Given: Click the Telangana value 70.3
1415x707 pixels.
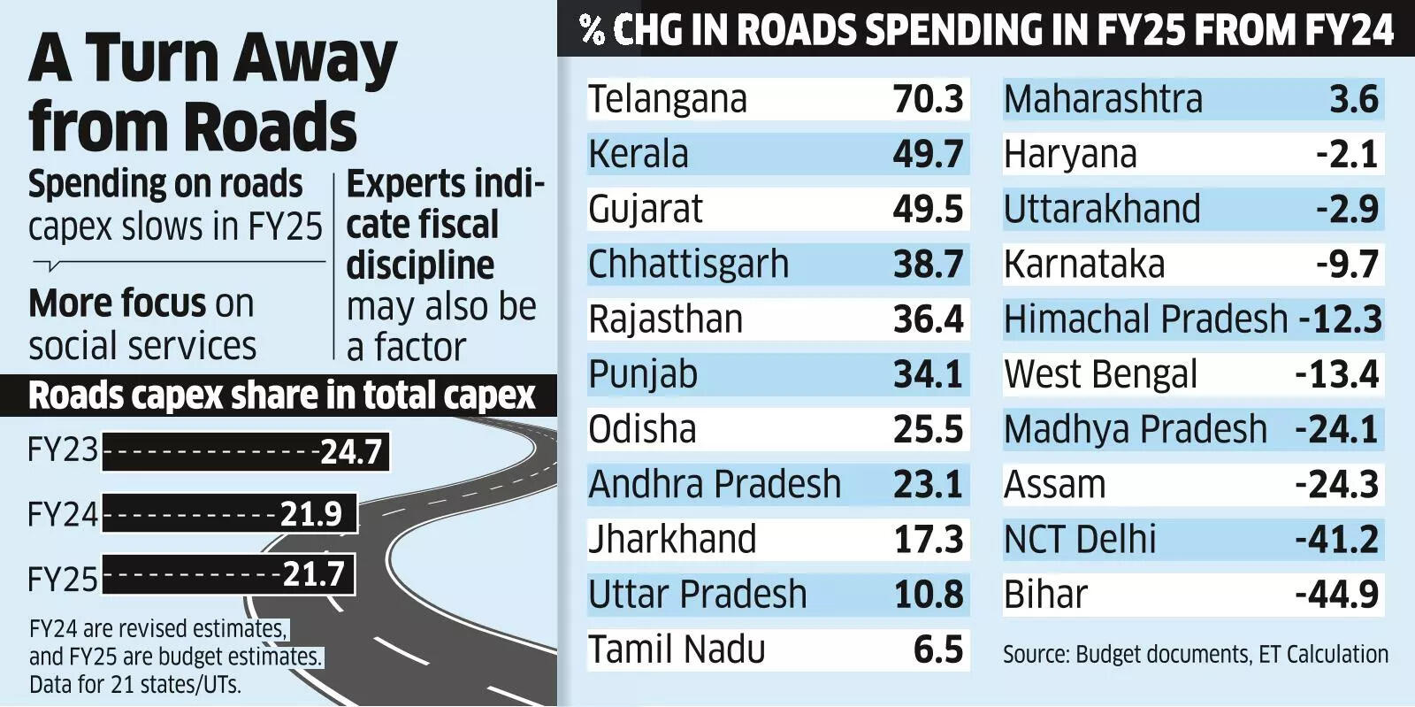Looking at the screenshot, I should click(x=928, y=99).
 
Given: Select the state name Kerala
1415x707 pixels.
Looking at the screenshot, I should click(x=639, y=154).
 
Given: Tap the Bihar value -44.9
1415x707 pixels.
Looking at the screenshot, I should click(x=1336, y=595).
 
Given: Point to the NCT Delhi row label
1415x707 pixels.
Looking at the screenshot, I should click(x=1080, y=540).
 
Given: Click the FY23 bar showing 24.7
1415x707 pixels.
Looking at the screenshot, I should click(x=246, y=452).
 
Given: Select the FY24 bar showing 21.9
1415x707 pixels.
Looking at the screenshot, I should click(x=229, y=514).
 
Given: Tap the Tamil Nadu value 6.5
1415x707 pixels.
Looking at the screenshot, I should click(x=938, y=649).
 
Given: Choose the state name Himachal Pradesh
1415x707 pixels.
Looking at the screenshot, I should click(x=1145, y=319).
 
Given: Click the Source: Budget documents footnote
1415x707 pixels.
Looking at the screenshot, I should click(x=1195, y=655).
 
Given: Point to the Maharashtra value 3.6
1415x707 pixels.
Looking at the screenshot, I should click(x=1354, y=99).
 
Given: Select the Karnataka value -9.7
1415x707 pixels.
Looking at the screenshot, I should click(x=1347, y=265).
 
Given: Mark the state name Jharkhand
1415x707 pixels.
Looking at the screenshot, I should click(x=672, y=540).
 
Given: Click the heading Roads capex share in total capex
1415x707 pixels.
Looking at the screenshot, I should click(x=281, y=396).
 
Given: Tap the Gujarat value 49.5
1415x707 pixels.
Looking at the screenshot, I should click(x=928, y=210).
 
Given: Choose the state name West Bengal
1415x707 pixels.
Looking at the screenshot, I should click(x=1100, y=374).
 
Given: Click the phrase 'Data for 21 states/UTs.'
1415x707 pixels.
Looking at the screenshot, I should click(x=134, y=684).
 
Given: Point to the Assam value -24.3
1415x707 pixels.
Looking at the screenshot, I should click(x=1336, y=485).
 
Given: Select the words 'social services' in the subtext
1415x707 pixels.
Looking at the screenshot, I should click(x=142, y=346).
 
